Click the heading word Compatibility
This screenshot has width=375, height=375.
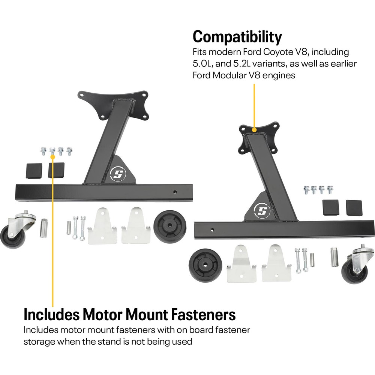click(x=237, y=37)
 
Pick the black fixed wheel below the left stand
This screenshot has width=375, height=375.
click(x=170, y=226)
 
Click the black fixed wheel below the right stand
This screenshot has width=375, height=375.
click(x=205, y=264)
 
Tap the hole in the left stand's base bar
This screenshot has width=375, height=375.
click(x=174, y=192)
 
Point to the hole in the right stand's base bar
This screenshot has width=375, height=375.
click(x=212, y=229)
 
